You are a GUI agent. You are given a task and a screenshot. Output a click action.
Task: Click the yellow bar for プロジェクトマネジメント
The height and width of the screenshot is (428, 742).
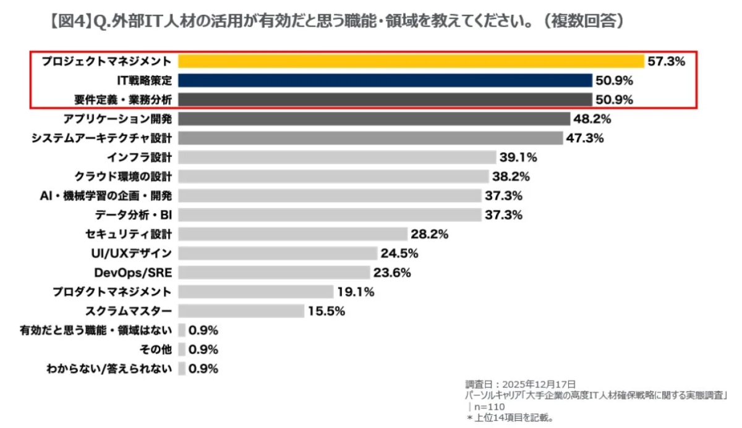click(x=411, y=61)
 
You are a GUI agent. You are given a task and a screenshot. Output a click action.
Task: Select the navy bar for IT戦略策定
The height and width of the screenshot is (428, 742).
click(x=385, y=80)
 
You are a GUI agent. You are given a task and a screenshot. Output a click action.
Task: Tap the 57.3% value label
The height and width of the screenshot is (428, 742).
click(x=667, y=61)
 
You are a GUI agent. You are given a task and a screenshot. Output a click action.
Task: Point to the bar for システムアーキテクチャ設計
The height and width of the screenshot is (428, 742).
click(x=370, y=138)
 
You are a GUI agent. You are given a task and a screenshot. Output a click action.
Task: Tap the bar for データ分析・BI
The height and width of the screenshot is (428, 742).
click(x=330, y=215)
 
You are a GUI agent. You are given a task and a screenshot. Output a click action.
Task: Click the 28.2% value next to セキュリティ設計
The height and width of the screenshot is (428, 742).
click(x=429, y=234)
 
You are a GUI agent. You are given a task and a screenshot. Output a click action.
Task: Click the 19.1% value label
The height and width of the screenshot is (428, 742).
click(x=356, y=292)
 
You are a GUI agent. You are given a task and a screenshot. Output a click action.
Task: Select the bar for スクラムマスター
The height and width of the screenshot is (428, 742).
click(x=241, y=311)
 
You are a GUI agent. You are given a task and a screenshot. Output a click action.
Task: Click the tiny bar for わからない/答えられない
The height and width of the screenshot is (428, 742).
click(x=182, y=369)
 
